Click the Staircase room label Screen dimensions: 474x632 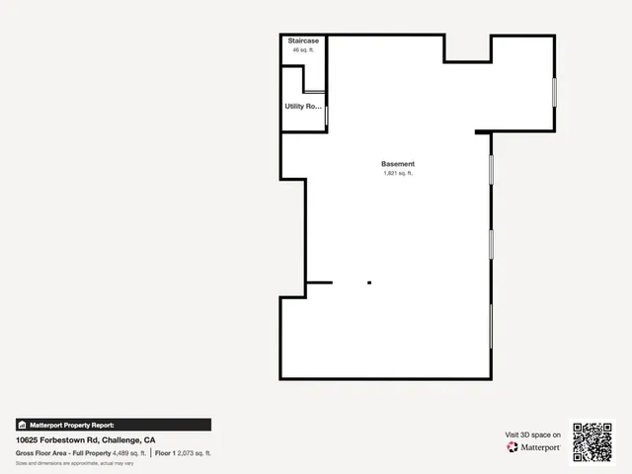point(303,41)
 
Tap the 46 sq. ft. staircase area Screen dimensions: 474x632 point(303,49)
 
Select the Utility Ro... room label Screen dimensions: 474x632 point(303,106)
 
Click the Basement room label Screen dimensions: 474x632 point(398,164)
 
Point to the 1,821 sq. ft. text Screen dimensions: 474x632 point(398,173)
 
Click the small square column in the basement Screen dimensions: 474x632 point(369,283)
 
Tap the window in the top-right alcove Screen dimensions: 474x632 point(554,91)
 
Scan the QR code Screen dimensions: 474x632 point(593,441)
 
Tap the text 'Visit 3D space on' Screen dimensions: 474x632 point(533,434)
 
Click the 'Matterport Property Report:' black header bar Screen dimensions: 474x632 point(113,425)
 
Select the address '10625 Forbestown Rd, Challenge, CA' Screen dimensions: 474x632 point(85,439)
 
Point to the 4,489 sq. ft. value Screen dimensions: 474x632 point(129,452)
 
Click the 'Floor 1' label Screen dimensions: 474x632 point(167,452)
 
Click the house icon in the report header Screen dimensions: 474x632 point(22,425)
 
